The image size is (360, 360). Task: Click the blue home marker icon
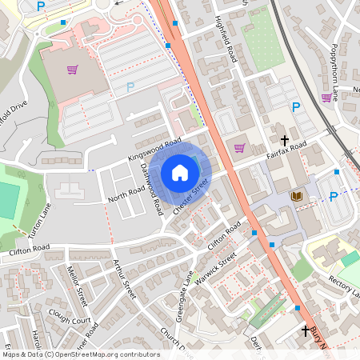click(x=180, y=173)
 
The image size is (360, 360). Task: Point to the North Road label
click(x=126, y=192)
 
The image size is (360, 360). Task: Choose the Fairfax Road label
click(x=287, y=150)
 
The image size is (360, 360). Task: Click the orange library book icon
click(x=295, y=196)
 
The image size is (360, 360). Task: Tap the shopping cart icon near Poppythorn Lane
click(x=326, y=98)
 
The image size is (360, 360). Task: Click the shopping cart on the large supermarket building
click(x=72, y=70)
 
